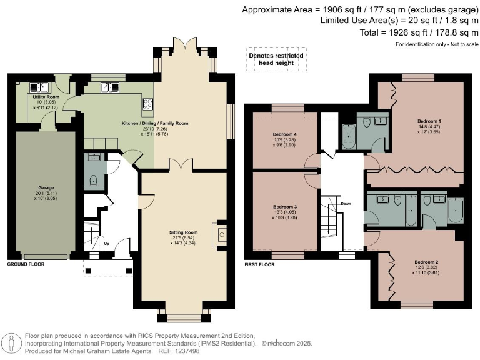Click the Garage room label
(x=46, y=187)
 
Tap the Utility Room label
(x=46, y=97)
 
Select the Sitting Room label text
(x=183, y=232)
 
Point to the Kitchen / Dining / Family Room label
(x=155, y=123)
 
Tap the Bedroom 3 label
(x=285, y=207)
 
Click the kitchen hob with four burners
(x=147, y=104)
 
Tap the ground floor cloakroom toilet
(x=93, y=180)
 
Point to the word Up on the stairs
(x=107, y=244)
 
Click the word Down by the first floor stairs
(x=346, y=204)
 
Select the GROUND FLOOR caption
(x=26, y=264)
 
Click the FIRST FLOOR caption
(x=259, y=264)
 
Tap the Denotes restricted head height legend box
(x=276, y=59)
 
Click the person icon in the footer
(x=12, y=343)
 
